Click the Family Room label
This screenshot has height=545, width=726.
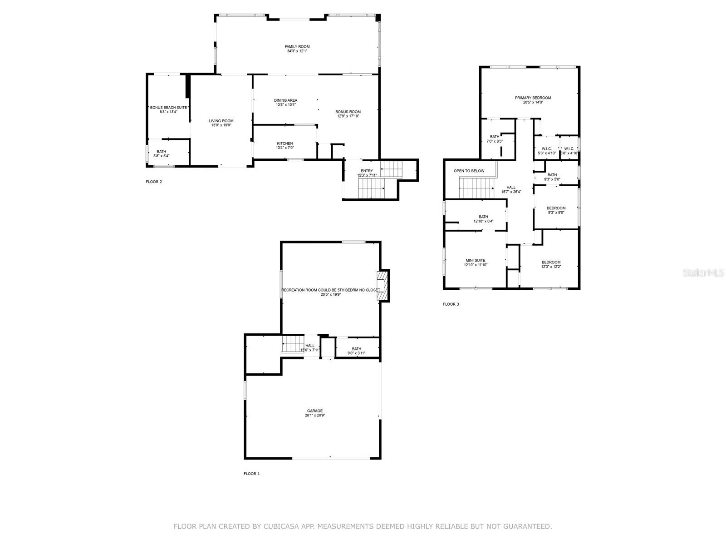point(297,47)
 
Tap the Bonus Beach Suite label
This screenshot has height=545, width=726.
point(168,108)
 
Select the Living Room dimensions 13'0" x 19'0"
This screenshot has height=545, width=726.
point(221,125)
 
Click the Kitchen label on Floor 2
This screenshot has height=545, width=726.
point(285,144)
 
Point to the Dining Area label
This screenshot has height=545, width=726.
point(286,100)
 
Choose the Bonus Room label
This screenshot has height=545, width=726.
point(348,112)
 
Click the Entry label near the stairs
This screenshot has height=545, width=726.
point(367,171)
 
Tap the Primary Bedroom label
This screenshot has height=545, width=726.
point(533,98)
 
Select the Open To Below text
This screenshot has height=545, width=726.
point(469,171)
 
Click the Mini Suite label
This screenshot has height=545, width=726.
point(475,261)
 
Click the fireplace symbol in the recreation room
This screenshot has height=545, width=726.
point(384,285)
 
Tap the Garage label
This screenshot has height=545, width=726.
point(314,411)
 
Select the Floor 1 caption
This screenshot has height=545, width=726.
point(251,474)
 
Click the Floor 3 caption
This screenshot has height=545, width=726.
point(451,304)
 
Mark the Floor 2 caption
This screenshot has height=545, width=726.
point(153,182)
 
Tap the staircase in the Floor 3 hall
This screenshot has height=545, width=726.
point(476,188)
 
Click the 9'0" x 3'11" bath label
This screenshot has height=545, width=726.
point(356,351)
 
